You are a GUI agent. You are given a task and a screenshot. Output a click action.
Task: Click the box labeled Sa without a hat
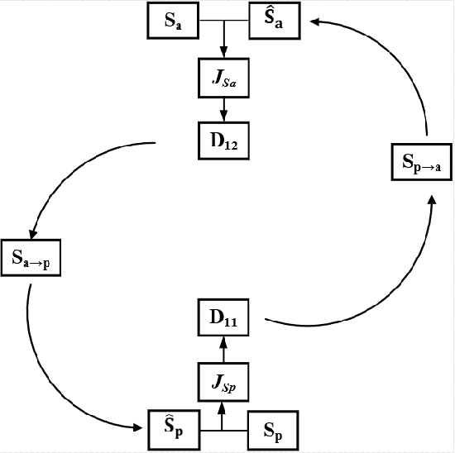[173, 21]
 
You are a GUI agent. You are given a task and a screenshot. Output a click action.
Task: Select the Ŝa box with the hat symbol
[275, 21]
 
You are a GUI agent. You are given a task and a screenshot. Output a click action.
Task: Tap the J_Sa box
[223, 79]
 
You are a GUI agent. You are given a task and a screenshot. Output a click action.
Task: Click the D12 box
[223, 141]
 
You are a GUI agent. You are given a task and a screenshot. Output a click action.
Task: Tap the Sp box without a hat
[275, 430]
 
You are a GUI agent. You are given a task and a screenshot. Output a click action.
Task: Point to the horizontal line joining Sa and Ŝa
[224, 21]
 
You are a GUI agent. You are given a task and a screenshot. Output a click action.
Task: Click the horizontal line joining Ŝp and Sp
[223, 430]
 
